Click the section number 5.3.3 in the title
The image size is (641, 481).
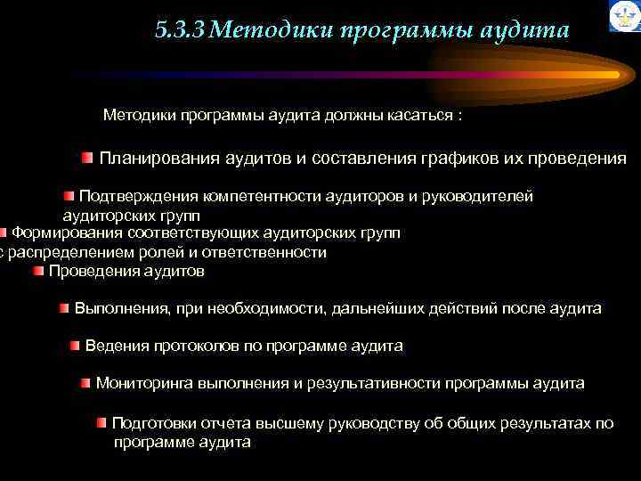179,31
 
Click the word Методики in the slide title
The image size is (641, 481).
264,31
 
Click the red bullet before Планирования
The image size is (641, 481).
86,159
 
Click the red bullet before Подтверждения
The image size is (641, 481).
69,196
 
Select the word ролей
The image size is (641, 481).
186,252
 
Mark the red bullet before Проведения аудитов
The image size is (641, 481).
38,271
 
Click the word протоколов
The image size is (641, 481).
190,346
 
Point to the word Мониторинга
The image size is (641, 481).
145,383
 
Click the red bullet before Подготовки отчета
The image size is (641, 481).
102,422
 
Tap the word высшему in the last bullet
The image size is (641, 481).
334,423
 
